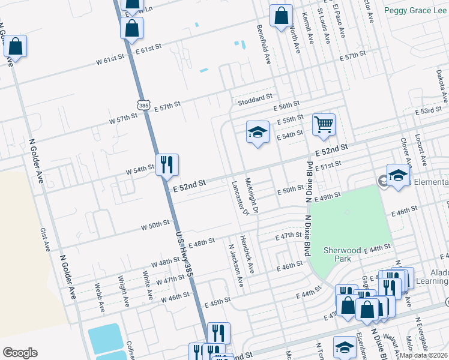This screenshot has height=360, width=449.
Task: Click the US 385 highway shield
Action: click(143, 105)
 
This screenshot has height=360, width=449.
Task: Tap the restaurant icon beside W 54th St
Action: click(167, 163)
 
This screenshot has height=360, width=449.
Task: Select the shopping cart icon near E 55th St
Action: click(324, 124)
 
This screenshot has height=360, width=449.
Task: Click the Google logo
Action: click(20, 353)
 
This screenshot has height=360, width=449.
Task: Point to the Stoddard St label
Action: click(255, 95)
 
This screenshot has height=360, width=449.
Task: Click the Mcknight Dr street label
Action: click(252, 194)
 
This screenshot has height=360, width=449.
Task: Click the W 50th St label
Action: click(156, 226)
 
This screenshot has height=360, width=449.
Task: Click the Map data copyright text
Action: click(423, 355)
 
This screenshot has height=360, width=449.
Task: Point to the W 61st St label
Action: click(109, 58)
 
